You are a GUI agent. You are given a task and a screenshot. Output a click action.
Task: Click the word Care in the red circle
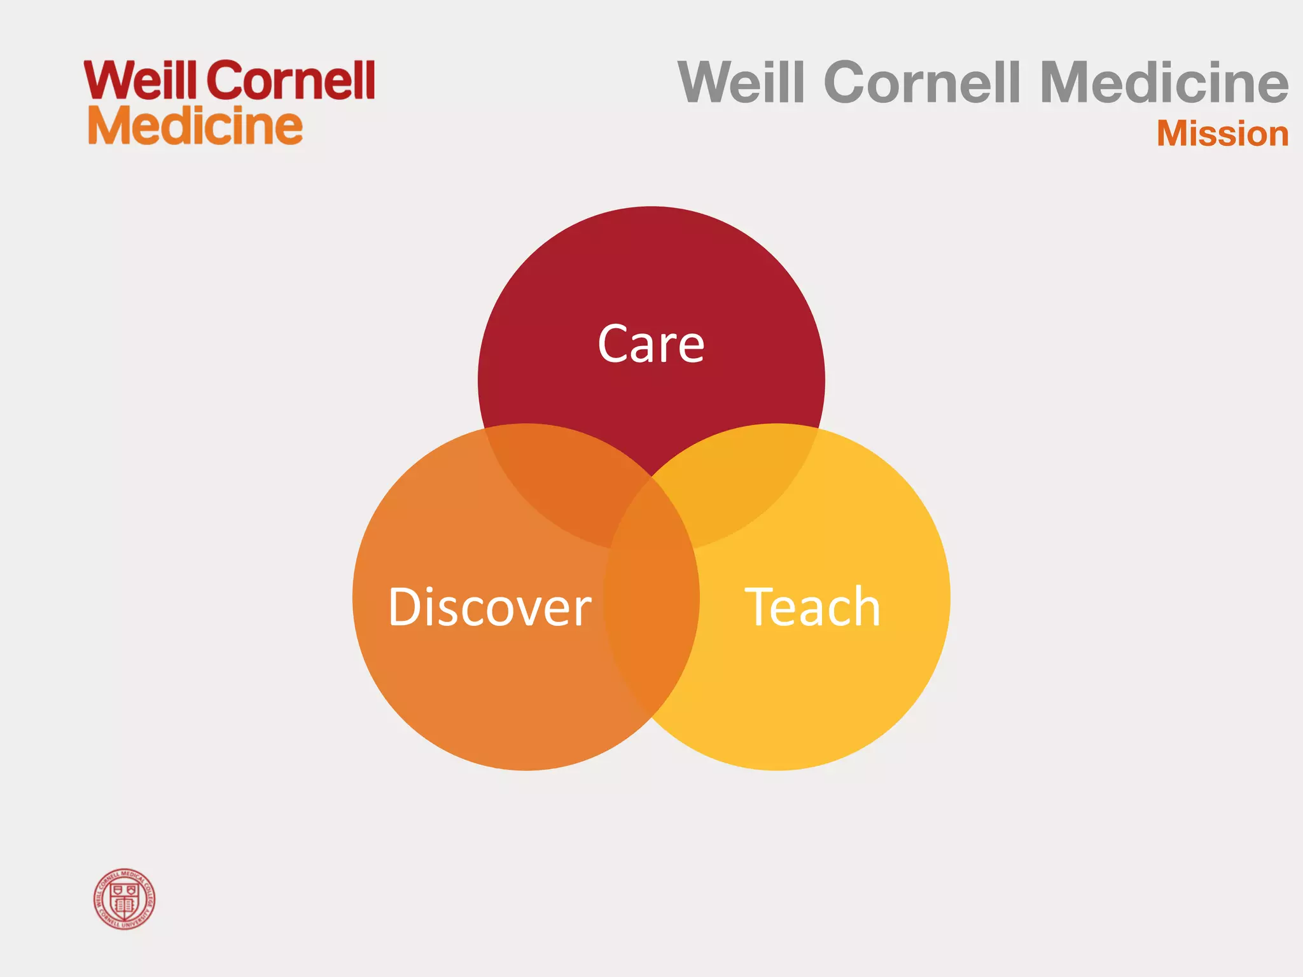coord(651,344)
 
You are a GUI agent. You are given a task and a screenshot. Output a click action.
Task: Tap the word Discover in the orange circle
coord(489,607)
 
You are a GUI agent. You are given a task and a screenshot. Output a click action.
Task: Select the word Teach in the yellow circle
coord(812,607)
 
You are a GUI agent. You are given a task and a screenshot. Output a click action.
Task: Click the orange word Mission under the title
coord(1222,134)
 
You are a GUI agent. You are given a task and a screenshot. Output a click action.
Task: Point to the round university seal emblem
coord(125,899)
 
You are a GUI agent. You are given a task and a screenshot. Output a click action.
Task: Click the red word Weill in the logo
coord(141,81)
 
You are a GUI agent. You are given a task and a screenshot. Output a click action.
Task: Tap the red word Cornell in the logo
coord(291,81)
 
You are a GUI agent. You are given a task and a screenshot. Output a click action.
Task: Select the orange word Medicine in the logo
coord(195,126)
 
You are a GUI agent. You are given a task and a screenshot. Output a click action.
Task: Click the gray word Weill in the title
coord(742,83)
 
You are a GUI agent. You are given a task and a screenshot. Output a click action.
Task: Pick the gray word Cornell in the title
coord(922,83)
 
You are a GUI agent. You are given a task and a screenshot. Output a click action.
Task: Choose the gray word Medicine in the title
coord(1164,83)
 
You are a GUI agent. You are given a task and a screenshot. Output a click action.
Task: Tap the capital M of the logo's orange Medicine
coord(109,126)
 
